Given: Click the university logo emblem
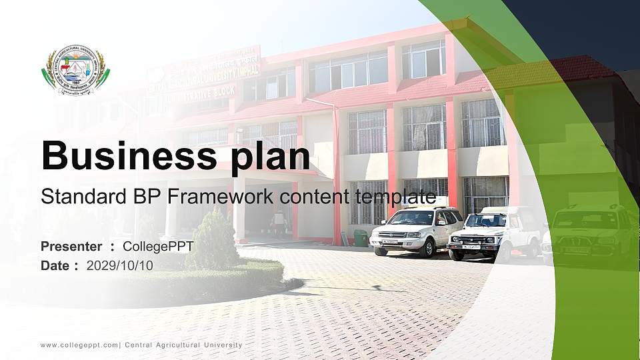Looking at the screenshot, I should tap(75, 70).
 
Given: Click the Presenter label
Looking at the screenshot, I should tap(71, 247).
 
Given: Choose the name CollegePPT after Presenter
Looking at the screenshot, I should tap(158, 247).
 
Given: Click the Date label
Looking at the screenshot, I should tap(55, 265).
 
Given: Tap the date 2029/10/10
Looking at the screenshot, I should tap(120, 265).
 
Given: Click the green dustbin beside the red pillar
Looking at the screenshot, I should tap(360, 237).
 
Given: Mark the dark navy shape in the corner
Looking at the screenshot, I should tap(587, 30).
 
